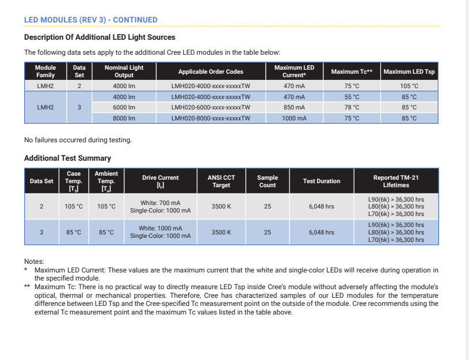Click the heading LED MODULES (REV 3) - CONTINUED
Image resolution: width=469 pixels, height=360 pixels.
pyautogui.click(x=90, y=20)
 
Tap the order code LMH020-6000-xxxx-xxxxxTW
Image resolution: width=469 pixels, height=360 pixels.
pyautogui.click(x=211, y=107)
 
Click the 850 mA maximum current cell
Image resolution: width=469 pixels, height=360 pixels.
pyautogui.click(x=294, y=107)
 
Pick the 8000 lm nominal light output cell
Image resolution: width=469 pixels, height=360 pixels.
pyautogui.click(x=124, y=118)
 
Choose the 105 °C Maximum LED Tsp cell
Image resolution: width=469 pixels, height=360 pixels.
pyautogui.click(x=409, y=86)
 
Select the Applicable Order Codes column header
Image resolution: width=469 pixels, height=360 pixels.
pyautogui.click(x=211, y=71)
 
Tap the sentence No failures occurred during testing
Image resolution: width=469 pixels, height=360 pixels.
pyautogui.click(x=78, y=140)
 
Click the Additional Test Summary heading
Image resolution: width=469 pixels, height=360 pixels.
pyautogui.click(x=67, y=158)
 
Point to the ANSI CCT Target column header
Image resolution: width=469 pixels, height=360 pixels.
pyautogui.click(x=222, y=181)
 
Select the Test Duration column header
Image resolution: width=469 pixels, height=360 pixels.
pyautogui.click(x=321, y=181)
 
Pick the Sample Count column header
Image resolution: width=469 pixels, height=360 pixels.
pyautogui.click(x=268, y=181)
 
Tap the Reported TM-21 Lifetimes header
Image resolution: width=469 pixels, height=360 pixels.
pyautogui.click(x=396, y=181)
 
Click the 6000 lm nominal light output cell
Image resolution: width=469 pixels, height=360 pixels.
pyautogui.click(x=124, y=107)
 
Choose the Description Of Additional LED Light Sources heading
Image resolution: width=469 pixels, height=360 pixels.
pyautogui.click(x=100, y=37)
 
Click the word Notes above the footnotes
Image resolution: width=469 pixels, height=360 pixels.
pyautogui.click(x=34, y=262)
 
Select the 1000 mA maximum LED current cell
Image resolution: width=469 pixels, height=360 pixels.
pyautogui.click(x=294, y=118)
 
